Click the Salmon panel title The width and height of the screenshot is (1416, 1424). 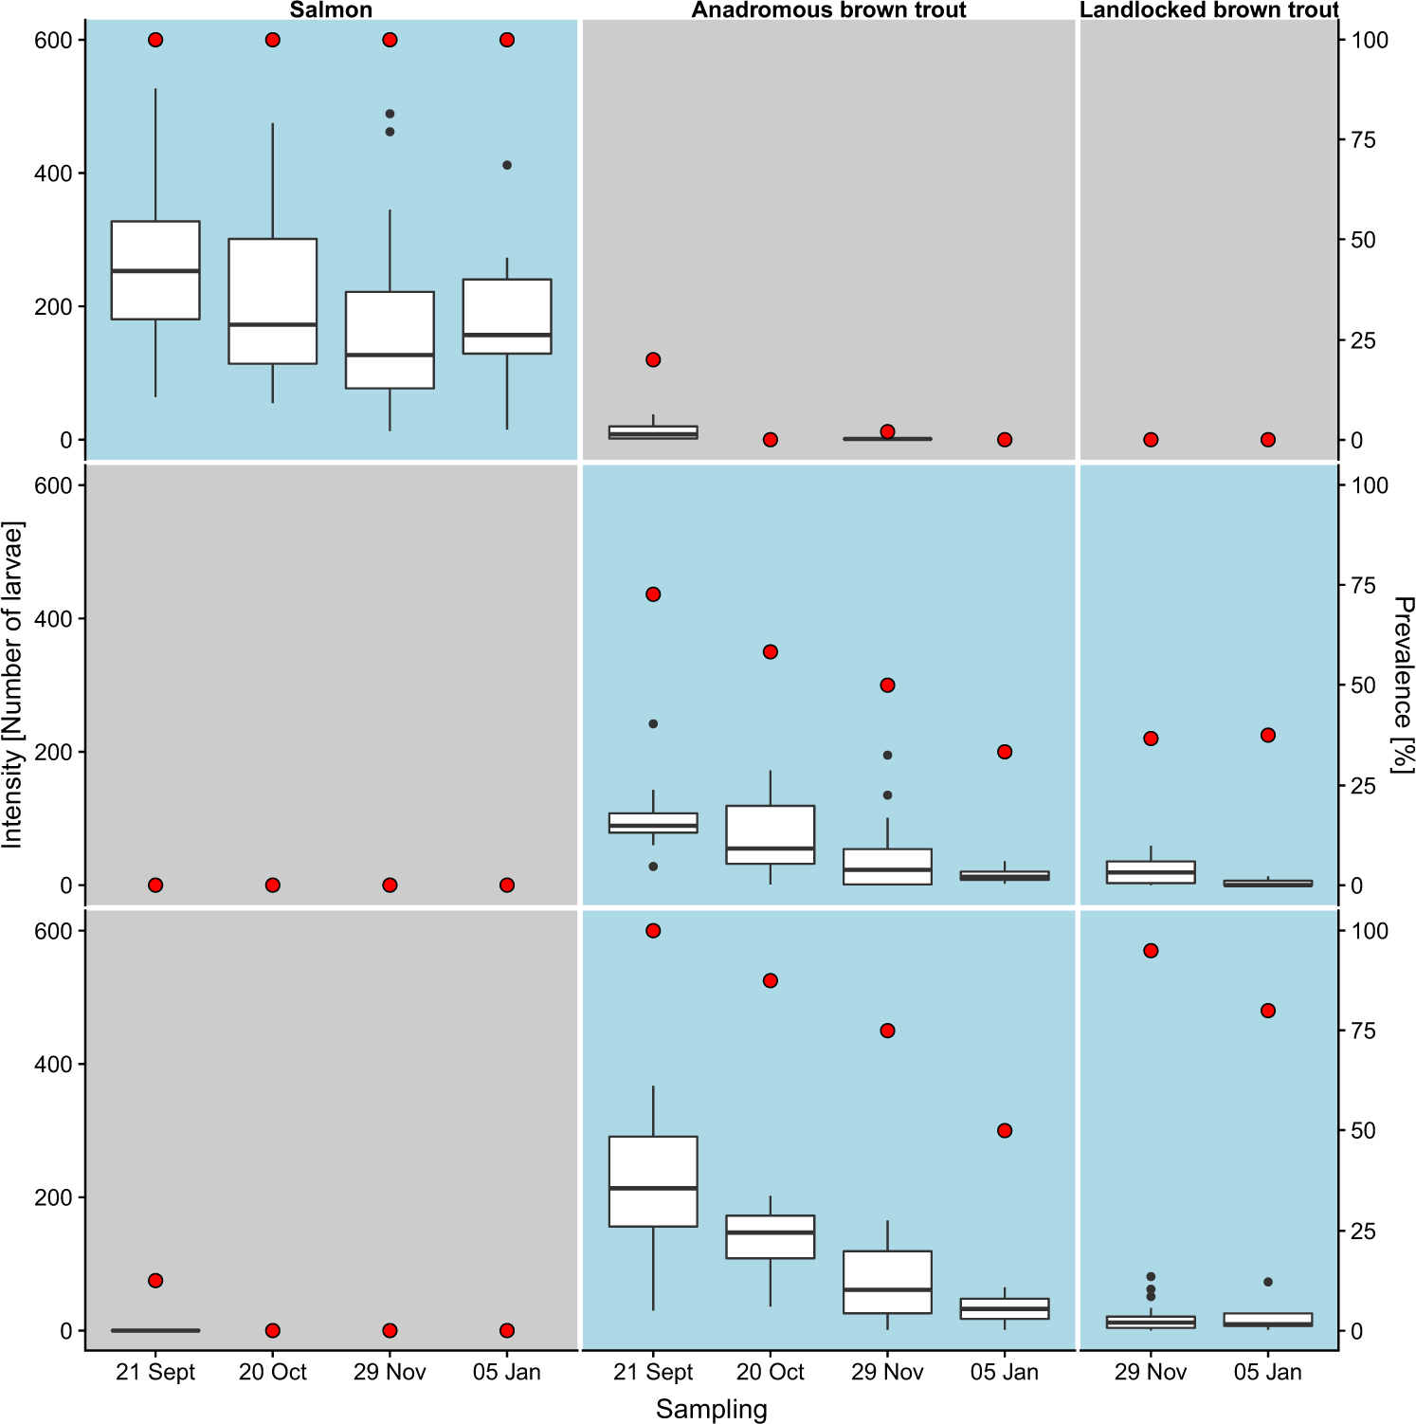click(331, 9)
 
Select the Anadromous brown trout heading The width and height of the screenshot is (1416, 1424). click(828, 9)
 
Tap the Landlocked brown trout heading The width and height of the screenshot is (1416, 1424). click(1208, 9)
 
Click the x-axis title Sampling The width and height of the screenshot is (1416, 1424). click(711, 1409)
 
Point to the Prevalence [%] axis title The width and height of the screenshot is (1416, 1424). click(1403, 685)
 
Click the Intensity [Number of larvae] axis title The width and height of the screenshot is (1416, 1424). click(12, 685)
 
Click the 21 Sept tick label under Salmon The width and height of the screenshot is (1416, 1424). click(155, 1372)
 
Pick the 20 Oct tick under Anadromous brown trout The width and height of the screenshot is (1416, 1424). click(770, 1372)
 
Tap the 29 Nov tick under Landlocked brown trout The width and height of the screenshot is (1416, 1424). click(1150, 1372)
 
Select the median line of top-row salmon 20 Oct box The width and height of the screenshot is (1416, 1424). click(273, 324)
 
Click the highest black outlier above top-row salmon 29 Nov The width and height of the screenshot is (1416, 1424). click(390, 114)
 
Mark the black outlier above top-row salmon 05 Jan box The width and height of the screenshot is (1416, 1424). click(507, 165)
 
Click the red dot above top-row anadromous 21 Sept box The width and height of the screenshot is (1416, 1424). click(653, 359)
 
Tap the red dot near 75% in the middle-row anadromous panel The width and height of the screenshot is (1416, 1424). click(653, 594)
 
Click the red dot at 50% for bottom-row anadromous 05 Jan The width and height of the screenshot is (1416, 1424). click(1005, 1130)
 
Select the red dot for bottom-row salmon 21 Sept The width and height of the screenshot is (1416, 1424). click(155, 1281)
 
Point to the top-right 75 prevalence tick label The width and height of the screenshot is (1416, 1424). click(1363, 140)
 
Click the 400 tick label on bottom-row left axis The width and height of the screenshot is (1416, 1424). click(53, 1064)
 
